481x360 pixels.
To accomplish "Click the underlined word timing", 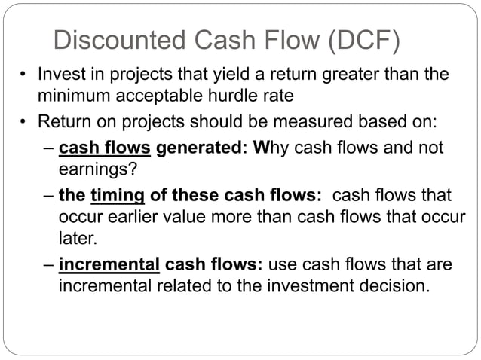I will [x=117, y=195].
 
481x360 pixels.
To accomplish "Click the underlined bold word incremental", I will [x=109, y=266].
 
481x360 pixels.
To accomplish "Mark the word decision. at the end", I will [x=397, y=287].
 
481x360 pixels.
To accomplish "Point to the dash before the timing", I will [x=47, y=195].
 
